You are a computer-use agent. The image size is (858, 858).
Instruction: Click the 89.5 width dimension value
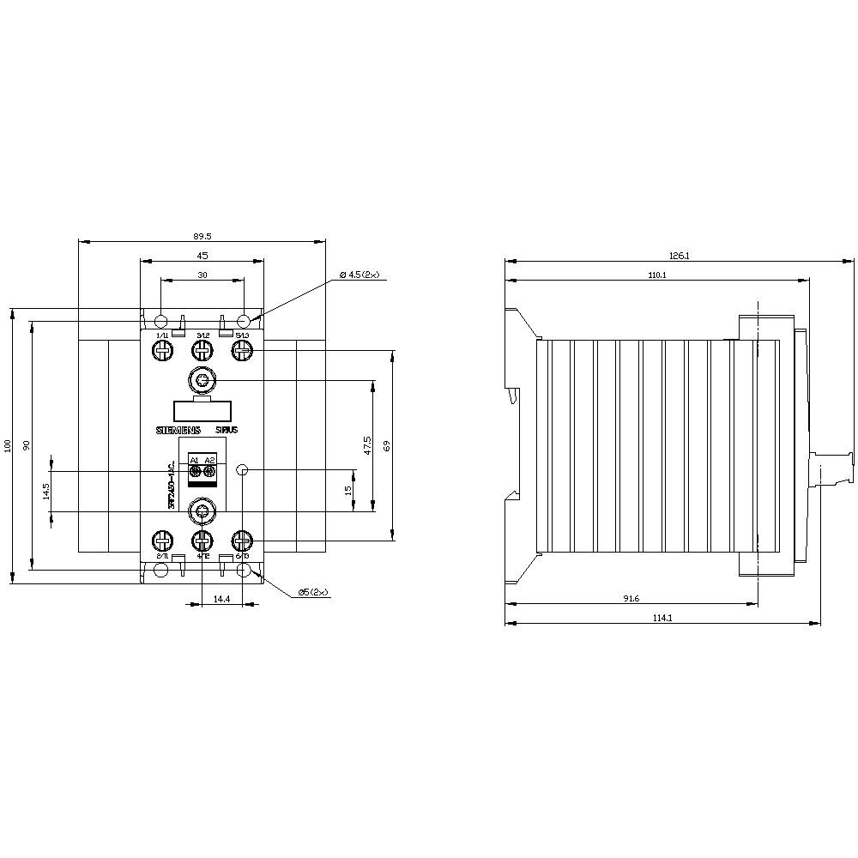click(202, 234)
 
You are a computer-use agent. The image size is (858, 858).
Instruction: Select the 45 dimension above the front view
click(202, 255)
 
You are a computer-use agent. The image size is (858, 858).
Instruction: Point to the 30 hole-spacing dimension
click(202, 275)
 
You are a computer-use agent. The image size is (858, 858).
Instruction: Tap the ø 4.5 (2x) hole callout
click(359, 275)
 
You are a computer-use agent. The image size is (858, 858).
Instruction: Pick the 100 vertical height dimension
click(8, 445)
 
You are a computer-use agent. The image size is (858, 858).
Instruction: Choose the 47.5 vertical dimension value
click(366, 445)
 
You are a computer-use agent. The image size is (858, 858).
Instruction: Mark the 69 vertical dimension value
click(386, 445)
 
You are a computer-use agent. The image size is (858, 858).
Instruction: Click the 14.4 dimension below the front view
click(222, 598)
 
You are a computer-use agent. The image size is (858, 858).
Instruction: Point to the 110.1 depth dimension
click(657, 275)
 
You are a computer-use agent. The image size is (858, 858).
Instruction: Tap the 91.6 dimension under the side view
click(631, 598)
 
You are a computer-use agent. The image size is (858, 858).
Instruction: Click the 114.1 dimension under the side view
click(662, 618)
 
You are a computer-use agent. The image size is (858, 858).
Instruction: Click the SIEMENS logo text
click(177, 430)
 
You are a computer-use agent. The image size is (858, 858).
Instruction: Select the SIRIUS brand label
click(227, 430)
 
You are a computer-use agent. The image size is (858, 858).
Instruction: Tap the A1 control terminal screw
click(195, 471)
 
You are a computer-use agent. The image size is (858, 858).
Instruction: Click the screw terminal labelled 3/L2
click(202, 350)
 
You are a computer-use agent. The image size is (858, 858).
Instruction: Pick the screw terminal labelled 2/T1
click(162, 541)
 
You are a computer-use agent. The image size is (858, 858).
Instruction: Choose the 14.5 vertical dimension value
click(45, 491)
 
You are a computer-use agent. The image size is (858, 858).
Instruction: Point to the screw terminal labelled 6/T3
click(242, 541)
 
